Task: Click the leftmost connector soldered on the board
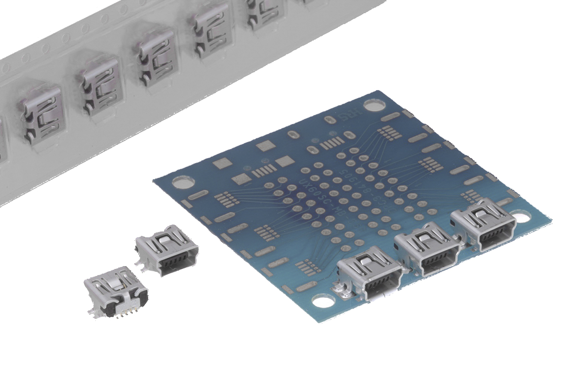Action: click(x=371, y=274)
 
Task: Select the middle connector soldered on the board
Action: click(x=427, y=250)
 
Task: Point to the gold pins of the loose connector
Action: click(x=125, y=313)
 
